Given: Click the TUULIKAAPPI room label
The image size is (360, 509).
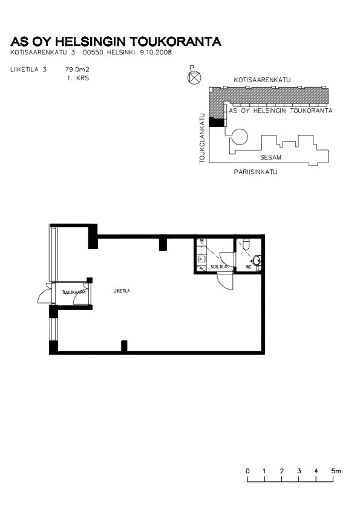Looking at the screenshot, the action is [x=74, y=293].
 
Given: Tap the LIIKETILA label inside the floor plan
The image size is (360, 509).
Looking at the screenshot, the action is [x=122, y=291].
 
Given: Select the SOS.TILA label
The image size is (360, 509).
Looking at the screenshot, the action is [x=218, y=267].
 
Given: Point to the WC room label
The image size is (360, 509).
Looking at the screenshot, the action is [x=249, y=267].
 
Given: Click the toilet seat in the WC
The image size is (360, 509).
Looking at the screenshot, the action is [x=246, y=244].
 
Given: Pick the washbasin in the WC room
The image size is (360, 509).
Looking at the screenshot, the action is [x=257, y=261].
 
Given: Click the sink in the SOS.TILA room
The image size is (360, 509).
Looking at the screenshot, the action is [x=201, y=259].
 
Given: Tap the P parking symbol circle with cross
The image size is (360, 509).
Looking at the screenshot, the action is [x=194, y=77].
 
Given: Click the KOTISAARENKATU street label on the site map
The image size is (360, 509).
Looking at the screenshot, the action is [x=262, y=80].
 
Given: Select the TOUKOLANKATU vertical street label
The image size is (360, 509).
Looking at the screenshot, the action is [x=203, y=138].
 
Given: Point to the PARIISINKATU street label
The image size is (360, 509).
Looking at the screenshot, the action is [x=256, y=172].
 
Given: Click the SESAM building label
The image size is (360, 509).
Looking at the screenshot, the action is [x=270, y=157].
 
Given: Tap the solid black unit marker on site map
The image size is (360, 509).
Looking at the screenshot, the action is [x=216, y=122].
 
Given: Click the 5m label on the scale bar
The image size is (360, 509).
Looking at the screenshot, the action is [x=336, y=471].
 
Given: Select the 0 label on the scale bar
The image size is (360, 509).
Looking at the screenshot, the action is [x=247, y=471].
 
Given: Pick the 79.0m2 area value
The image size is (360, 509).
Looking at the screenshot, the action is [x=77, y=69].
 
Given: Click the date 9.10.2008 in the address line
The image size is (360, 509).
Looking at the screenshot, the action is [x=155, y=52].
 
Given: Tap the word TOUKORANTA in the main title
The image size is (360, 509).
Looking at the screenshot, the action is [x=176, y=42].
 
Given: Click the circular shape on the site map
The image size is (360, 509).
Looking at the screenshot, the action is [x=240, y=137].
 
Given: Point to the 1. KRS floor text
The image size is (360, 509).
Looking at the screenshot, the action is [x=78, y=78].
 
